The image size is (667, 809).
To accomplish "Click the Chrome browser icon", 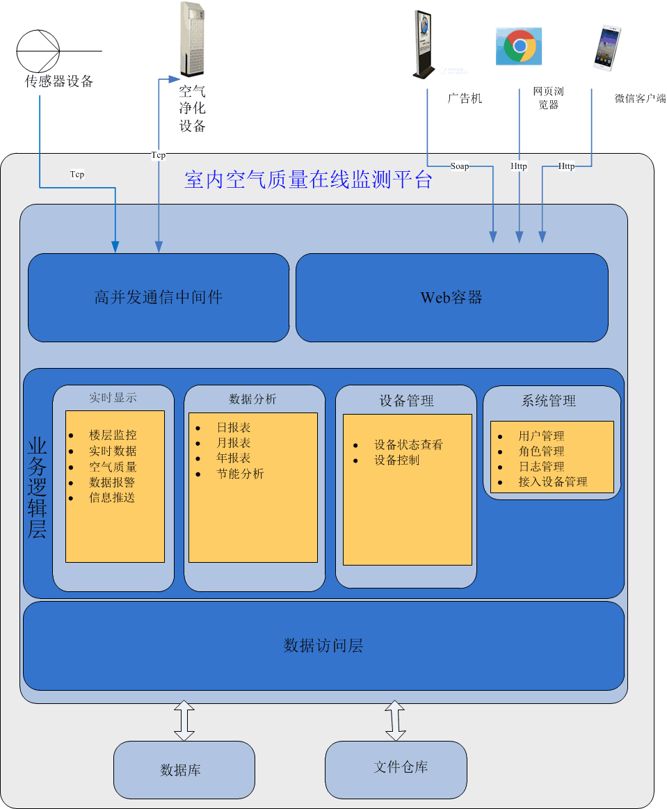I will click(x=519, y=47).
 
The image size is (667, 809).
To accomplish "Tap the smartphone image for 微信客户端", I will click(x=606, y=48).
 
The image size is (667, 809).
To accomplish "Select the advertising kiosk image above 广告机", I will click(x=424, y=44).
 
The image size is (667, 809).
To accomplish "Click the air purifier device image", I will click(x=193, y=39).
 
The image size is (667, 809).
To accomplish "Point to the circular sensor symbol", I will click(x=38, y=51).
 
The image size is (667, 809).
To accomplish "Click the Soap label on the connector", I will click(x=460, y=166).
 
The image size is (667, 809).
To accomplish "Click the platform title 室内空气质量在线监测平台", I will click(x=308, y=180).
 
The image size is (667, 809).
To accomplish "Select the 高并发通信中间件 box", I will click(x=159, y=298).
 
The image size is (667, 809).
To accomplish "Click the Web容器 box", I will click(x=451, y=298).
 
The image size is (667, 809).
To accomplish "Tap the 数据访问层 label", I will click(x=323, y=646).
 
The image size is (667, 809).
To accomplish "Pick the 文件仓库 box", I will click(x=396, y=768).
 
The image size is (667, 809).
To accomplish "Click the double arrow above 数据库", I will click(x=184, y=721).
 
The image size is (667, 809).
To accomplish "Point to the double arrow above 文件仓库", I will click(x=395, y=721).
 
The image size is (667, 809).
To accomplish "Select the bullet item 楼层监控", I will click(x=113, y=435).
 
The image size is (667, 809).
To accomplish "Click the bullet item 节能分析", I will click(x=240, y=474).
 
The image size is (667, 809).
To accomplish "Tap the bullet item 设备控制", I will click(x=396, y=460).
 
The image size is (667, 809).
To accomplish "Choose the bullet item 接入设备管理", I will click(x=552, y=481).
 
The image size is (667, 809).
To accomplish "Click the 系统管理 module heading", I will click(x=549, y=401).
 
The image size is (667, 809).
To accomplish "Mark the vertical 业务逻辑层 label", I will click(x=37, y=488).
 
